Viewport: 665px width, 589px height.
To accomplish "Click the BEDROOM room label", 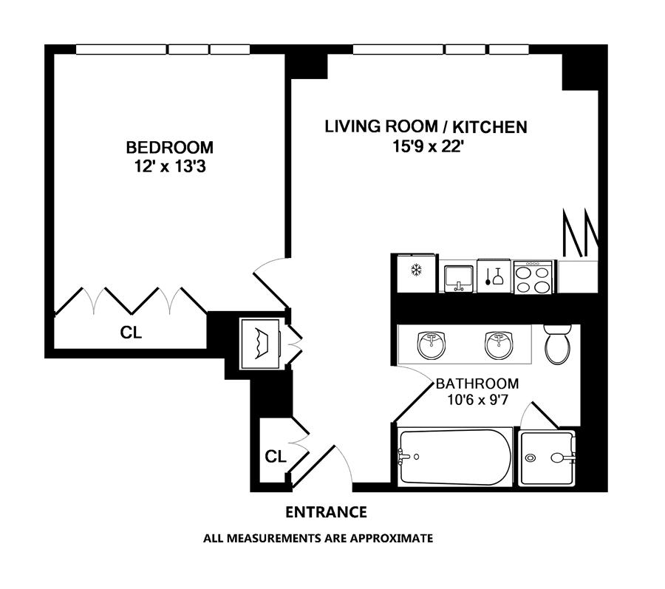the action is pos(170,148).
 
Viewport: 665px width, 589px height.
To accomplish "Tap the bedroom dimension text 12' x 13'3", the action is pos(170,167).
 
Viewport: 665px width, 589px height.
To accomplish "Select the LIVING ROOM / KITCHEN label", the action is pos(426,127).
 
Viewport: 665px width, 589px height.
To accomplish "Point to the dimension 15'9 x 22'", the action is pos(426,147).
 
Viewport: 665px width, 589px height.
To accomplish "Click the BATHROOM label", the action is pos(477,384).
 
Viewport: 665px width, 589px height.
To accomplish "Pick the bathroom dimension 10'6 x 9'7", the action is pos(477,400).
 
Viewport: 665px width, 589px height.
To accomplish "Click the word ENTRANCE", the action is pos(326,512).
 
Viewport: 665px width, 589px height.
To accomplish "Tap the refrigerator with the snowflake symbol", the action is pos(417,273).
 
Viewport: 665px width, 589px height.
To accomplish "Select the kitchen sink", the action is pos(458,278).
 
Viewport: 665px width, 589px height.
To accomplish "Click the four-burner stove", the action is pos(533,277).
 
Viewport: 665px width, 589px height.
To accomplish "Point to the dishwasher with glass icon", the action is pos(494,276).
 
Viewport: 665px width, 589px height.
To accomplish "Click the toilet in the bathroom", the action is pos(557,344).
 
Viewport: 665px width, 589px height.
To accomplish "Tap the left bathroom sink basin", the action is pos(432,344).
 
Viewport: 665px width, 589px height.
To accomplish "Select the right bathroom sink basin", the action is pos(499,344).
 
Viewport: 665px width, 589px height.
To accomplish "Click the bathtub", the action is pos(455,457).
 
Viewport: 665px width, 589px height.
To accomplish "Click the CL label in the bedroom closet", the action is pos(131,333).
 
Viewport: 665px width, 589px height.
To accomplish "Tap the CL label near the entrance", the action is pos(276,457).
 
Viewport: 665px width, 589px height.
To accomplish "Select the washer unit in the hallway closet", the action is pos(261,344).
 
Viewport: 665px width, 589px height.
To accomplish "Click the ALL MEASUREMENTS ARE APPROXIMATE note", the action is pos(318,539).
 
